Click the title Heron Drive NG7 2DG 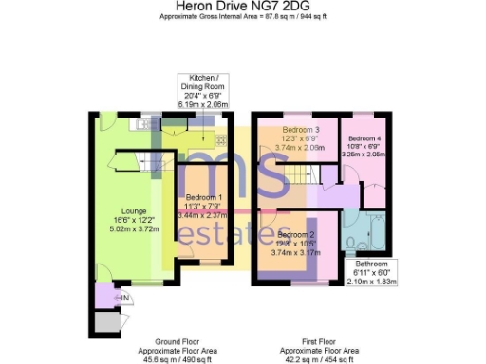coord(243,7)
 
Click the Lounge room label coord(134,210)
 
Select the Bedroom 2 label coord(296,234)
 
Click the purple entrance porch coord(104,297)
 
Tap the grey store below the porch coord(106,320)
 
